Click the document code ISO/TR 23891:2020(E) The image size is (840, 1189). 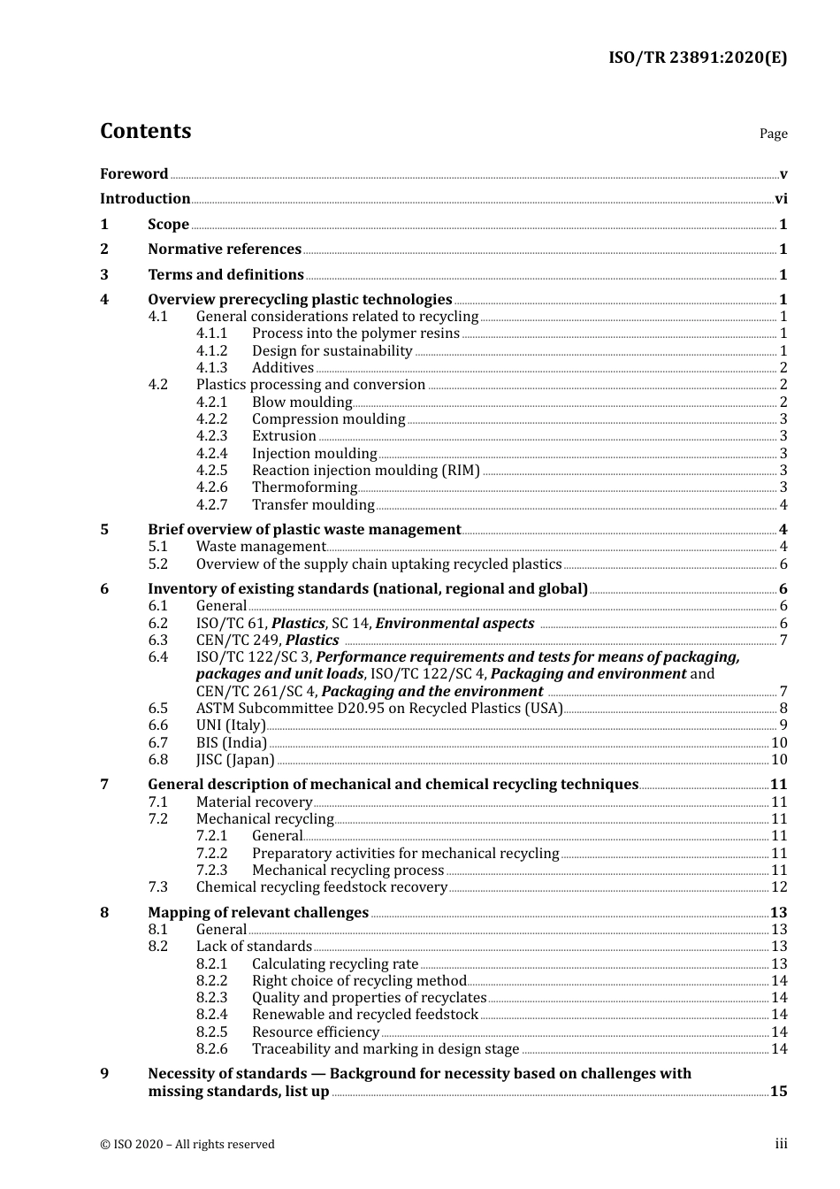[x=698, y=58]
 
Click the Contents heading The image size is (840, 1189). [x=145, y=131]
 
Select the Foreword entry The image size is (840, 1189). [x=134, y=174]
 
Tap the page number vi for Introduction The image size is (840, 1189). [x=781, y=199]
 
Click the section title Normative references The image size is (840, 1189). [x=225, y=249]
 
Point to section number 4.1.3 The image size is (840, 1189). [x=211, y=368]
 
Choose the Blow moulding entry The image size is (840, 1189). [x=302, y=403]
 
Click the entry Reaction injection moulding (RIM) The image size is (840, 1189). [x=365, y=471]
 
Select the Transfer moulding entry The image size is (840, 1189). [x=313, y=505]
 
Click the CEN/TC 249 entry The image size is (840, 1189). [x=267, y=641]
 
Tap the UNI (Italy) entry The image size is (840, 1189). [x=231, y=725]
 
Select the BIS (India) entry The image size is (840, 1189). [x=231, y=743]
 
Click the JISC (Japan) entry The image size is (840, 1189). [x=235, y=760]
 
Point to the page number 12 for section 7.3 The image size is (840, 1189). [x=779, y=887]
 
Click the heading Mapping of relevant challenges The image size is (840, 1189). [x=258, y=913]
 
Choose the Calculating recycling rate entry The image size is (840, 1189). [x=335, y=964]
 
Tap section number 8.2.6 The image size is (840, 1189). [x=211, y=1049]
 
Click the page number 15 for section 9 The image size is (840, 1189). [x=778, y=1092]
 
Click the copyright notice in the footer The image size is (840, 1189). [x=187, y=1145]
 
